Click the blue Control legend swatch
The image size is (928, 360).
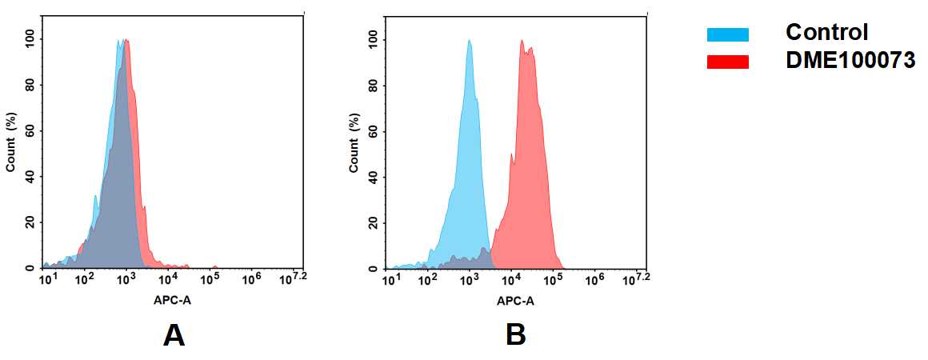coord(727,34)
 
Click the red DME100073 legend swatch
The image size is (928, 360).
coord(727,62)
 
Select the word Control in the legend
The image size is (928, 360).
coord(826,33)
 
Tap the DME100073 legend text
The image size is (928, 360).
coord(850,61)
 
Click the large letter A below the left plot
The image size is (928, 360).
coord(174,335)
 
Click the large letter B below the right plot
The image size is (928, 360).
coord(516,335)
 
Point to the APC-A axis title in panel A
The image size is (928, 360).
coord(172,301)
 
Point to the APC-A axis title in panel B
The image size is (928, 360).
coord(515,301)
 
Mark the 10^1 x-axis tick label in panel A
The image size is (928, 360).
coord(48,279)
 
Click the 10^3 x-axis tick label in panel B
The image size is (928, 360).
coord(470,279)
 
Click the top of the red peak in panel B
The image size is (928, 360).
coord(522,42)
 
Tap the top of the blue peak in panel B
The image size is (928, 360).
coord(470,42)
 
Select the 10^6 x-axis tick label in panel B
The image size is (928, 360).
coord(594,279)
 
